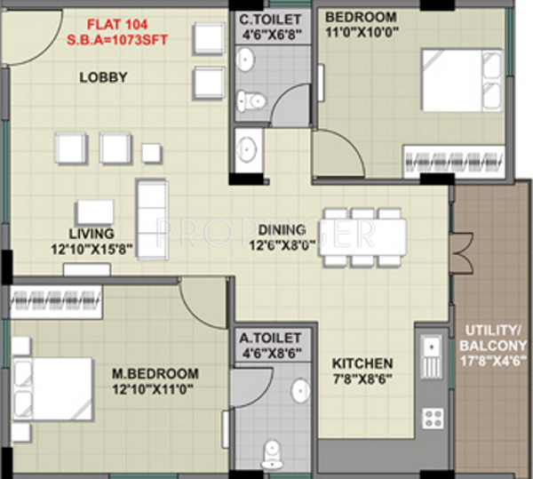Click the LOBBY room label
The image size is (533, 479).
104,77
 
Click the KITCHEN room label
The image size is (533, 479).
362,363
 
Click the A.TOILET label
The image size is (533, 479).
274,339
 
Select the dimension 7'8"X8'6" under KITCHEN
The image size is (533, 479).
362,379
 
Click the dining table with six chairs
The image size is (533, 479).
364,237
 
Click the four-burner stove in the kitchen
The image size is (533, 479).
433,418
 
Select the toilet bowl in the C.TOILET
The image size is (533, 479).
252,100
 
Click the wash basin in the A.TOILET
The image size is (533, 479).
300,389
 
